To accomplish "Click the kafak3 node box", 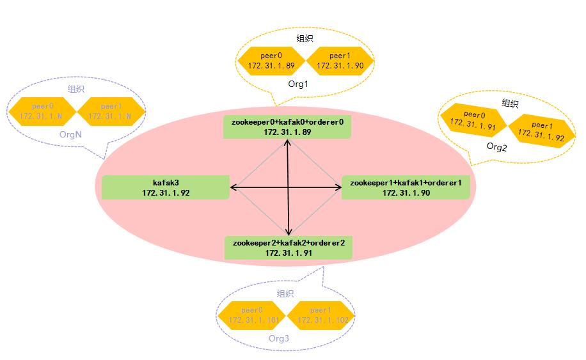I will click(x=166, y=187).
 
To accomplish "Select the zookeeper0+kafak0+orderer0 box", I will click(x=288, y=126).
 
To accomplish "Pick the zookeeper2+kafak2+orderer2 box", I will click(x=289, y=247).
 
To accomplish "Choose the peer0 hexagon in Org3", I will click(x=251, y=315).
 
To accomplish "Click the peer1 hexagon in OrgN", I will click(x=111, y=111).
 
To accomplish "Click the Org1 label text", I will click(x=298, y=84).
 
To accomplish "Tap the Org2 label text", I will click(x=496, y=146).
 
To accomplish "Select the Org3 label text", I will click(x=279, y=338).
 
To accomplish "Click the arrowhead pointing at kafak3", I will click(x=234, y=187).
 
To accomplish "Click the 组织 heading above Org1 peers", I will click(x=305, y=38).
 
